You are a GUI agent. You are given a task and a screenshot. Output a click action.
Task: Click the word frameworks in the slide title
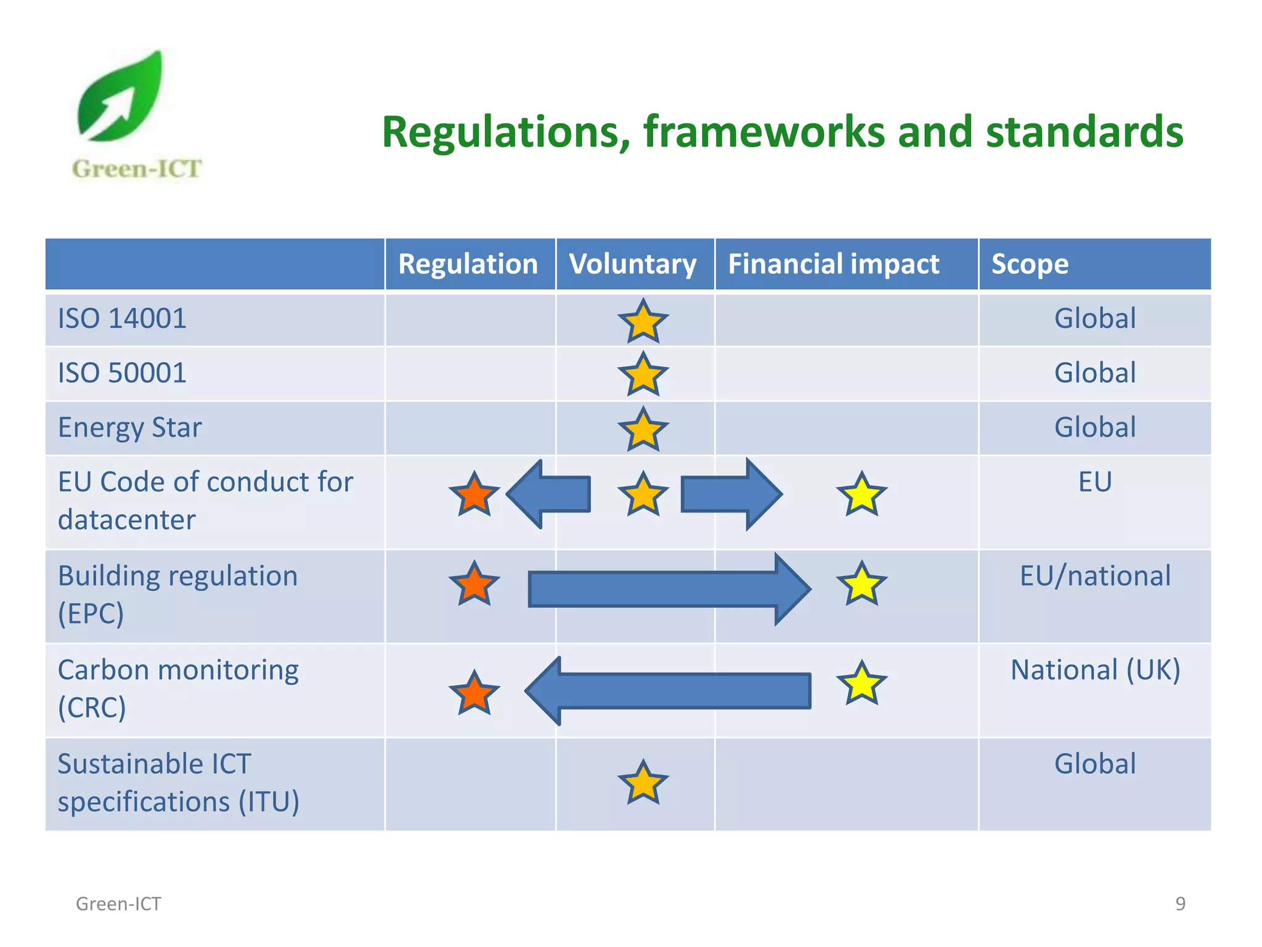pos(764,133)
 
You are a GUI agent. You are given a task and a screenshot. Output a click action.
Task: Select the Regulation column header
pos(468,264)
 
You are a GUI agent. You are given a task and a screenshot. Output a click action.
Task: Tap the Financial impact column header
pos(833,264)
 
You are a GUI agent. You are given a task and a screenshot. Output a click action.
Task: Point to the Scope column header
pos(1030,264)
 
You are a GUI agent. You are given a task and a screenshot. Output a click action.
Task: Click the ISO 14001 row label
pos(122,319)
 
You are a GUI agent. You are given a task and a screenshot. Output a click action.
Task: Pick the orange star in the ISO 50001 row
pos(643,374)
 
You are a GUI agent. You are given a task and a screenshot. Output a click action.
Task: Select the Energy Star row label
pos(129,428)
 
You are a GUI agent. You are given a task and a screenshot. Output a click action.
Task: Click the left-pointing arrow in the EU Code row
pos(548,494)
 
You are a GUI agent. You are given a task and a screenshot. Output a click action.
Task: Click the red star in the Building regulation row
pos(474,584)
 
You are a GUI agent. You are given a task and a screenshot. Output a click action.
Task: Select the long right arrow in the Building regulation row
pos(669,589)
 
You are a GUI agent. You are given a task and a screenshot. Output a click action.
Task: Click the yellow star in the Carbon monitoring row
pos(861,683)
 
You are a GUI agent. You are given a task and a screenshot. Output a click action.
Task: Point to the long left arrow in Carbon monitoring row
pos(669,691)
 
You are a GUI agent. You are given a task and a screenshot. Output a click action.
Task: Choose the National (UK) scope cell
pos(1095,670)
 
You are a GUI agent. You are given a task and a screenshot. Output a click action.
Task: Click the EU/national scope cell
pos(1095,576)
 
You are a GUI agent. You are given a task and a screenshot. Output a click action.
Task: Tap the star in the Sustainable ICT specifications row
pos(643,783)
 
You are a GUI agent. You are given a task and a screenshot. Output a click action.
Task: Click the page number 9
pos(1180,903)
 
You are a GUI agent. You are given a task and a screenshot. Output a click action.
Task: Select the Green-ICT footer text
pos(118,904)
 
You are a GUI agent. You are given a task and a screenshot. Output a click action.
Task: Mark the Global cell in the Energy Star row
pos(1095,428)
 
